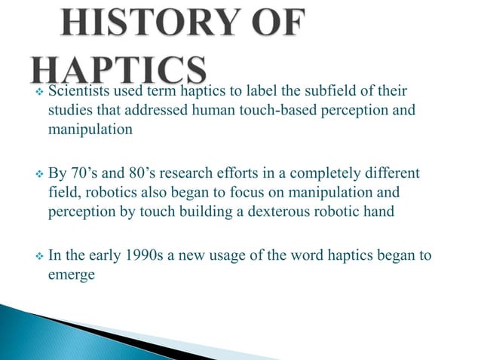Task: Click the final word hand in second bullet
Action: (378, 212)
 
